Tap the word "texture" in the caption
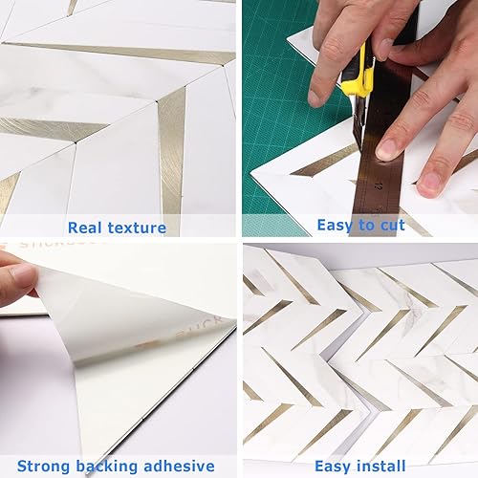[137, 228]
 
